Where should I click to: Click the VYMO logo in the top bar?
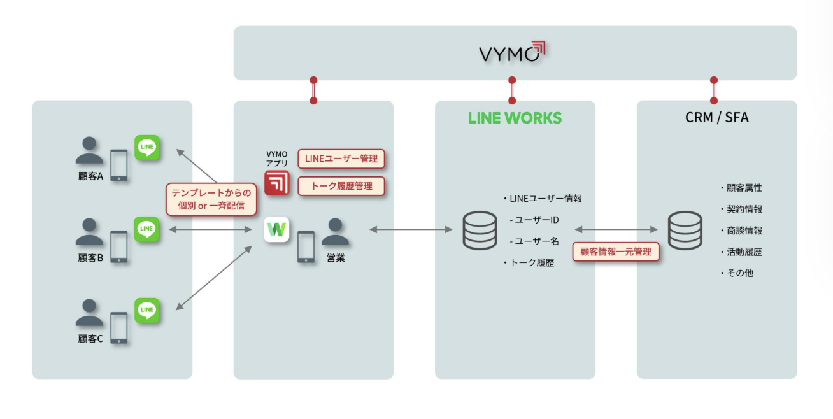[x=513, y=53]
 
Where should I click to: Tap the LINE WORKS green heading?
[x=515, y=118]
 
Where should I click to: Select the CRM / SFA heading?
[x=716, y=118]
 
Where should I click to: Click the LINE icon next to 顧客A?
[x=147, y=147]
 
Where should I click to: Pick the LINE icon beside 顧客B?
[x=147, y=229]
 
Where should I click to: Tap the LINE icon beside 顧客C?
[x=147, y=310]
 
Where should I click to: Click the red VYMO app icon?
[x=277, y=182]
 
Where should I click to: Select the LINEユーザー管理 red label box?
[x=341, y=159]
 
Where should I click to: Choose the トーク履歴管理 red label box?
[x=341, y=186]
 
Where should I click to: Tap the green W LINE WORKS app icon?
[x=277, y=229]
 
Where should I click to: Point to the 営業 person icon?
[x=335, y=232]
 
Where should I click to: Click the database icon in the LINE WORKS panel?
[x=480, y=230]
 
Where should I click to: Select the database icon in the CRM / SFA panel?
[x=685, y=230]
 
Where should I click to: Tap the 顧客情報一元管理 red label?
[x=615, y=252]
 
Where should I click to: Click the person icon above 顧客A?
[x=89, y=151]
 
